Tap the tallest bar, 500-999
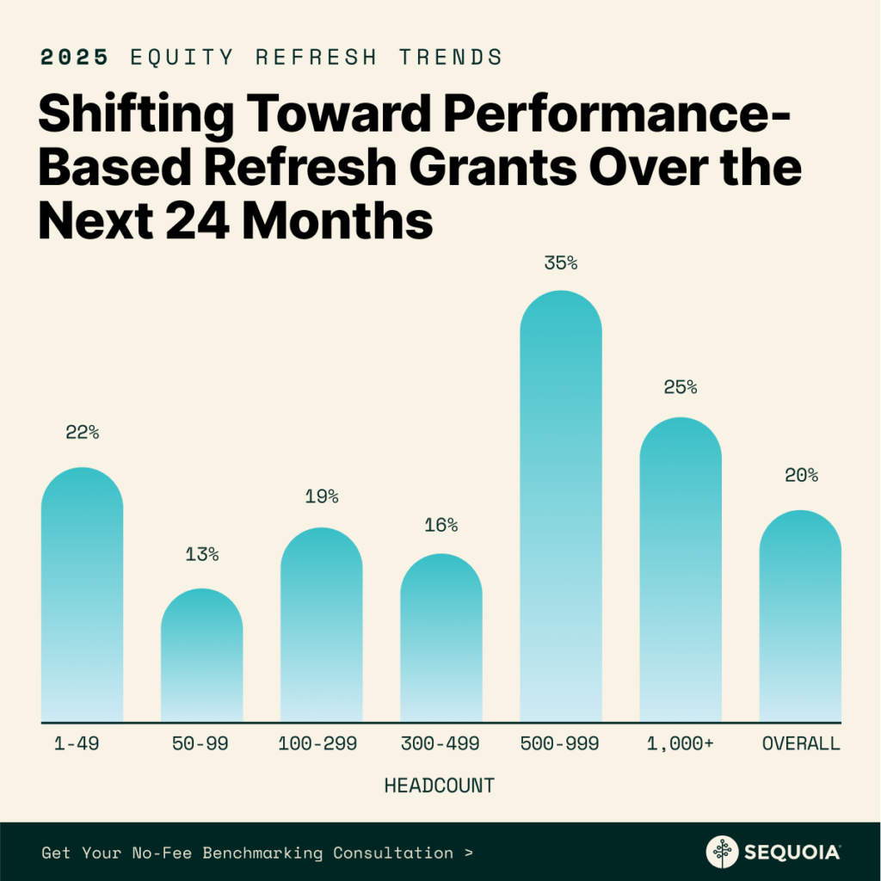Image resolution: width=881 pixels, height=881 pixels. coord(561,508)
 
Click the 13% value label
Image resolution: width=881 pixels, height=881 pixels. coord(202,555)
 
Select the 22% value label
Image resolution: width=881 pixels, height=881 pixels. coord(83,433)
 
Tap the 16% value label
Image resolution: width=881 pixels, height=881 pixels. coord(441,525)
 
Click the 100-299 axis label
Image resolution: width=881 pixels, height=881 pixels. coord(322,744)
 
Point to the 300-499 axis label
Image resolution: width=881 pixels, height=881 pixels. coord(441,744)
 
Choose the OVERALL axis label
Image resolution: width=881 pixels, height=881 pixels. coord(801,744)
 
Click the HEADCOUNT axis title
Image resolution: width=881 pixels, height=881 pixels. coord(440,786)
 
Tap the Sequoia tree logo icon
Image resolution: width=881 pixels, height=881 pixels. coord(723,852)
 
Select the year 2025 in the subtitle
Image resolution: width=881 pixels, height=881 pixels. coord(74,58)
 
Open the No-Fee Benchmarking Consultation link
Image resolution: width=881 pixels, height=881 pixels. coord(256,853)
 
